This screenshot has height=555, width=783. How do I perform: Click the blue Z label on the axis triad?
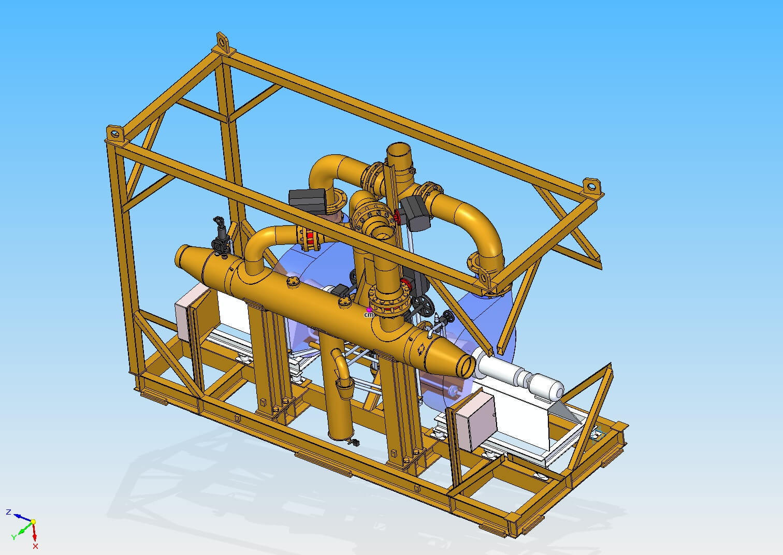click(x=9, y=513)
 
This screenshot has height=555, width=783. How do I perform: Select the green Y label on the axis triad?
click(x=13, y=537)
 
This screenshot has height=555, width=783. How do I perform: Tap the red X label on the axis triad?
click(x=35, y=546)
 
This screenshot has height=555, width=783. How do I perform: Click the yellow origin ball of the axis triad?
click(x=33, y=522)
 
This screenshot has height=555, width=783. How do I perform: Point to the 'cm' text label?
click(x=369, y=315)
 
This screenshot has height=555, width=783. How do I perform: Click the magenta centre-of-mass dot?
click(x=369, y=309)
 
